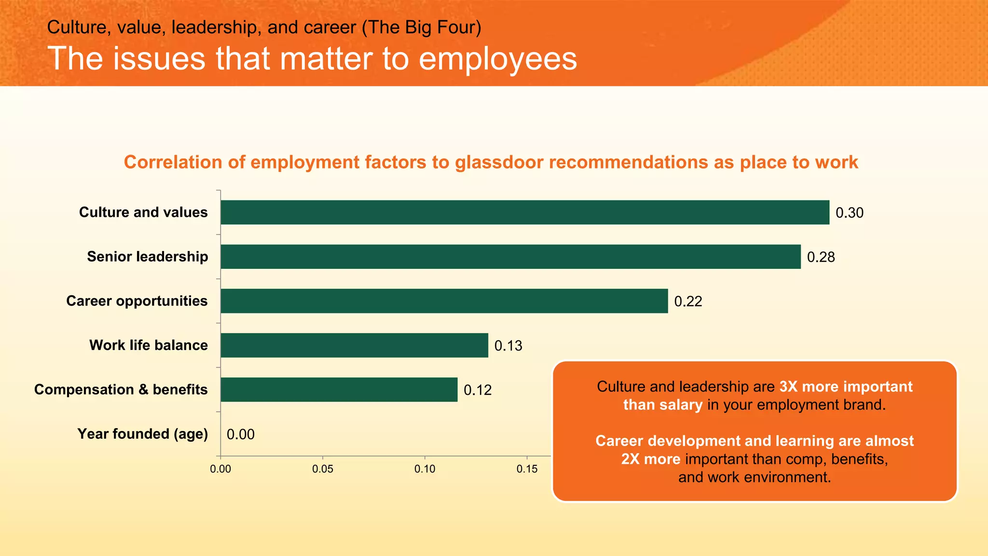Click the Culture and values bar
(525, 212)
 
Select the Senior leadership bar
(510, 257)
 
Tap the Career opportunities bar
(444, 301)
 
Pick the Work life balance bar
(354, 346)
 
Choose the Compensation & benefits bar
(339, 389)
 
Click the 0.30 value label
(850, 213)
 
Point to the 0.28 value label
(821, 257)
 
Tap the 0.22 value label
(688, 302)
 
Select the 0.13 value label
(508, 346)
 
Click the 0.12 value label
(478, 390)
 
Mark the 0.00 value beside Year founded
(240, 434)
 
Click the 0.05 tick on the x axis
(322, 469)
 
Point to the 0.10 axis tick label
(425, 469)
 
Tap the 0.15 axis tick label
(527, 469)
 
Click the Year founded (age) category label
(143, 434)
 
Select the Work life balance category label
(149, 345)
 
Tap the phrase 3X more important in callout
(846, 387)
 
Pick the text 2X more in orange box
(650, 459)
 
